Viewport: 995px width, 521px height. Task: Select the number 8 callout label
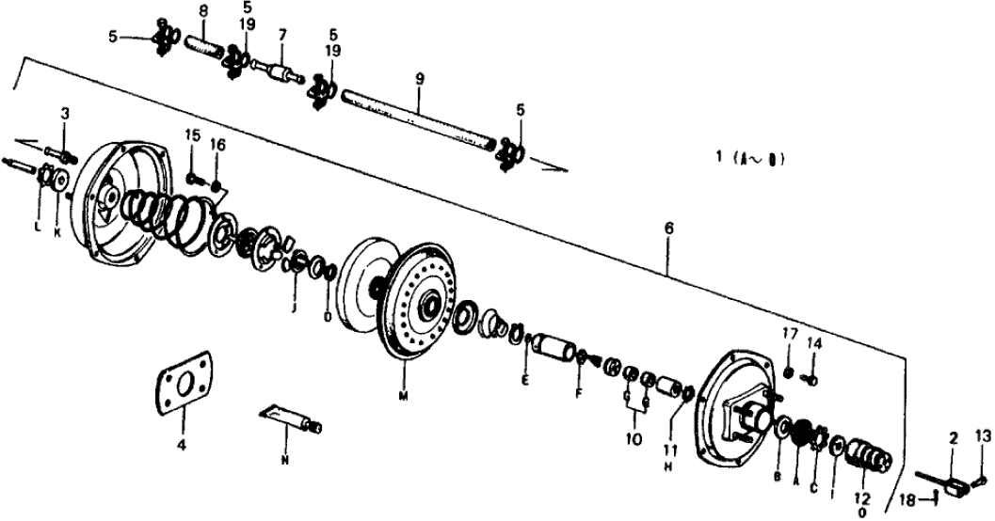pyautogui.click(x=202, y=10)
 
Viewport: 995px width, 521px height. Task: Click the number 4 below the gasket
pyautogui.click(x=182, y=438)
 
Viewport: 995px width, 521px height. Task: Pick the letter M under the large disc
pyautogui.click(x=403, y=396)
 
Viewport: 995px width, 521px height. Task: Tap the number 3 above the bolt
pyautogui.click(x=65, y=114)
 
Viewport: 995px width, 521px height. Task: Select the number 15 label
pyautogui.click(x=192, y=137)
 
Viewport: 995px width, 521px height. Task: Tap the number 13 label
pyautogui.click(x=983, y=434)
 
